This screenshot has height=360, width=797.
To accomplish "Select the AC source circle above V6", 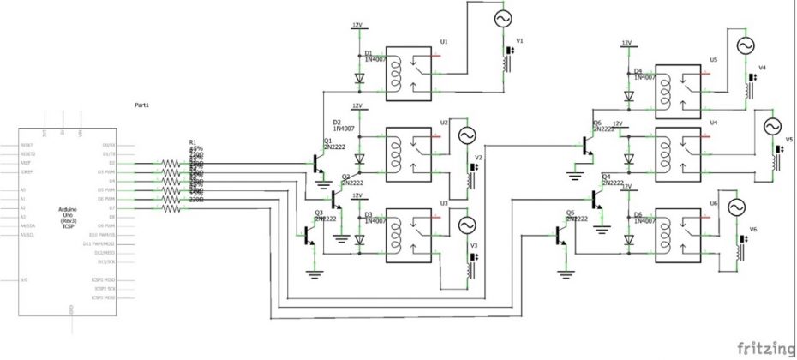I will [x=735, y=207].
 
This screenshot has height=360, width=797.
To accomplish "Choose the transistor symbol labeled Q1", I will [x=319, y=162].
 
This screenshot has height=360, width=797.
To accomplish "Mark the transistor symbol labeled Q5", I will [x=563, y=232].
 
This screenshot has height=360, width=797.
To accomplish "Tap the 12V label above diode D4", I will [x=626, y=43].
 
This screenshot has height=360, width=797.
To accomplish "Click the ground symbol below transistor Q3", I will [x=315, y=273].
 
